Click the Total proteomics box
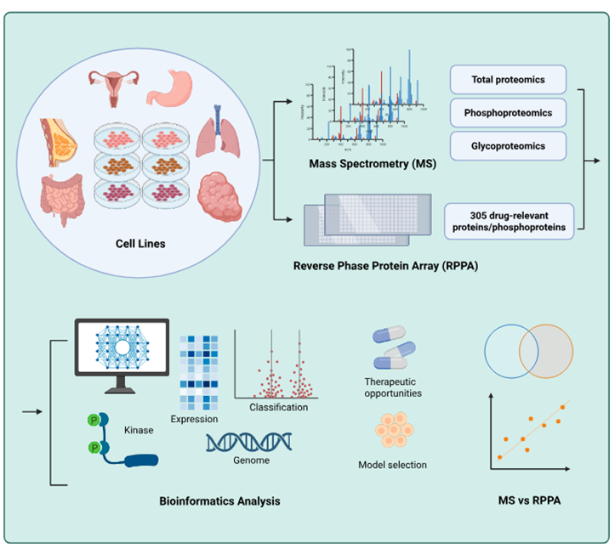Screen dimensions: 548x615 [508, 81]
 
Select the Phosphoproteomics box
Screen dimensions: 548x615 [508, 112]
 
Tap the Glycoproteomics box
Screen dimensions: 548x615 [508, 145]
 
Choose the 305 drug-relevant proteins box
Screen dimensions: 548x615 [509, 219]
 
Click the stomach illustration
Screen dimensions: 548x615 [171, 88]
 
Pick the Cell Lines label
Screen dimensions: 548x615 [140, 244]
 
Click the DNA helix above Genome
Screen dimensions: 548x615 [249, 440]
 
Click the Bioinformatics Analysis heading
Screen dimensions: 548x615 [219, 501]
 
